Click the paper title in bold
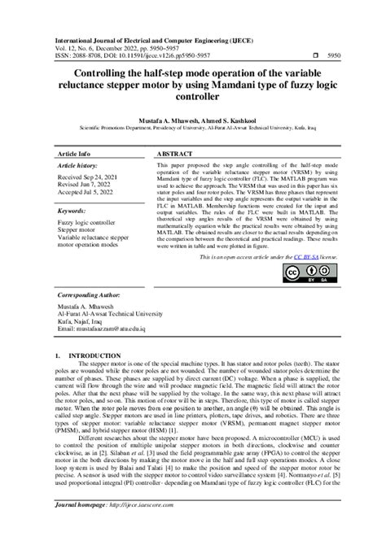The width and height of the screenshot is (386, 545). pos(192,85)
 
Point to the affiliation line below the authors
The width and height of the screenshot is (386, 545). pos(192,128)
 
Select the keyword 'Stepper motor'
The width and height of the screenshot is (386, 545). pos(77,231)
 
